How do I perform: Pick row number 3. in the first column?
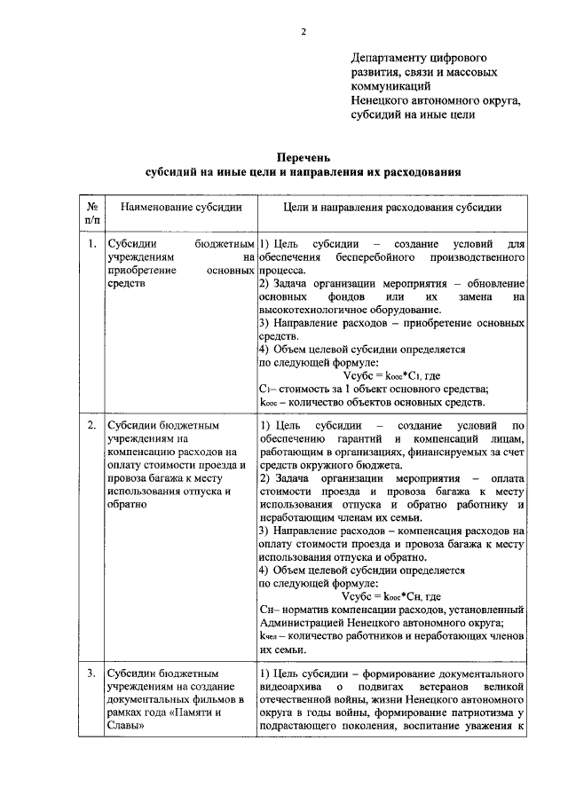92,673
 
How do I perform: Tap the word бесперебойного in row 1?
376,256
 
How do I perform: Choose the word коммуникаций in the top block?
390,86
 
